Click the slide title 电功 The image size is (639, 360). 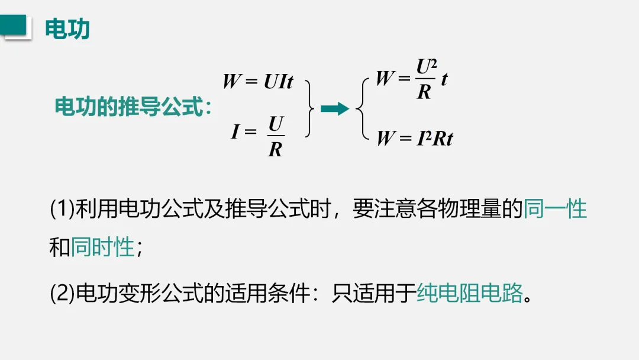click(67, 29)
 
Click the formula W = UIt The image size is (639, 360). click(258, 81)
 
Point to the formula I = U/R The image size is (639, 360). click(259, 135)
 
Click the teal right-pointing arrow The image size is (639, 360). click(334, 108)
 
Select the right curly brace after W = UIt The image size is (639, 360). click(309, 108)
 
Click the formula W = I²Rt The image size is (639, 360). click(415, 138)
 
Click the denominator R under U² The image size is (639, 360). click(424, 92)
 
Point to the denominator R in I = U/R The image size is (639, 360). click(275, 149)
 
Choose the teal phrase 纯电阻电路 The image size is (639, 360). click(470, 292)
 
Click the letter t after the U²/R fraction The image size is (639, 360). click(444, 79)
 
